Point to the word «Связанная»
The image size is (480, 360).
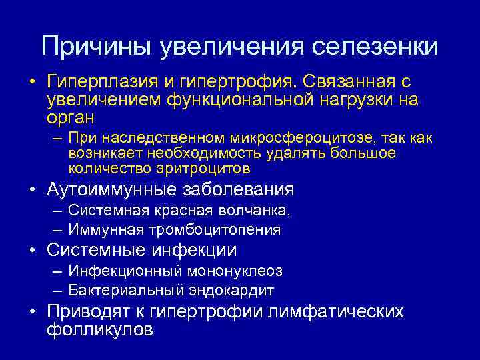349,83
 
